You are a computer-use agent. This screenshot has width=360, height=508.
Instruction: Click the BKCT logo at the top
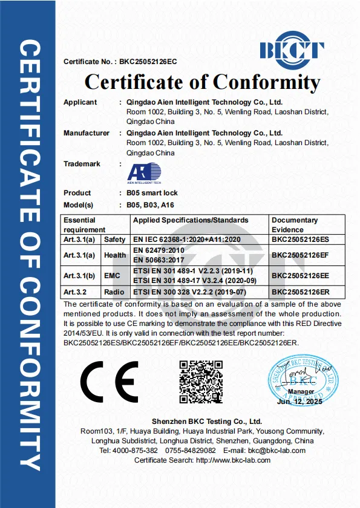291,49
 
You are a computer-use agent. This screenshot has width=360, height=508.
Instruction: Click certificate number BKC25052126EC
148,62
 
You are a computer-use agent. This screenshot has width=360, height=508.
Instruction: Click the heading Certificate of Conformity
202,82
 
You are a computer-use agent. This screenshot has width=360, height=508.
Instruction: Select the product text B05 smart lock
148,193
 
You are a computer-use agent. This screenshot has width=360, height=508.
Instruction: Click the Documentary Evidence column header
294,224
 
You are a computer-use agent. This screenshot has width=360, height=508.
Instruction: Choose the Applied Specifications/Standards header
191,220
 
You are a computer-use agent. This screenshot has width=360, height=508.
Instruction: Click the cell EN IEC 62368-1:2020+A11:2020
187,239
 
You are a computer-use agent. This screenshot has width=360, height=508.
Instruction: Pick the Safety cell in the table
115,239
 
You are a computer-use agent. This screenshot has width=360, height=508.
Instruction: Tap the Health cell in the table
115,255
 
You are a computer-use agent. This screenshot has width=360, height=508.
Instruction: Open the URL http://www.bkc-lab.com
234,460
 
